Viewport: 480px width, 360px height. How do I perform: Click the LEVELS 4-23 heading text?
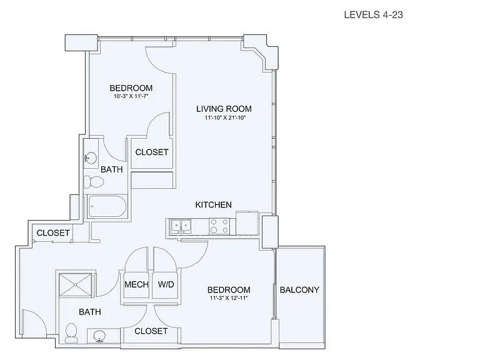[x=373, y=15]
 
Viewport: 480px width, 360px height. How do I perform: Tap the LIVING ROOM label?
[x=224, y=109]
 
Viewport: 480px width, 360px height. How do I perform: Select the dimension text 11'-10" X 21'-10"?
[x=225, y=117]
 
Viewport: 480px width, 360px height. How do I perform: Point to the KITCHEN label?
[x=213, y=205]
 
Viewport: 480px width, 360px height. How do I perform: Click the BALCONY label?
[x=299, y=290]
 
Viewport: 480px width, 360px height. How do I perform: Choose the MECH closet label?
[x=136, y=284]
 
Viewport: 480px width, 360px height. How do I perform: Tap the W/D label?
[x=166, y=284]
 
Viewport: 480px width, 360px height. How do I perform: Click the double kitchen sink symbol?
[x=181, y=226]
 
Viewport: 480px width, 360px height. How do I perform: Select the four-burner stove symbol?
[x=219, y=226]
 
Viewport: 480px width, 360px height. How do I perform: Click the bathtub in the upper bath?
[x=107, y=206]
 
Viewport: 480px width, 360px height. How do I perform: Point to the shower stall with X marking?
[x=76, y=285]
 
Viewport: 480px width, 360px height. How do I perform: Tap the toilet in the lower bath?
[x=71, y=333]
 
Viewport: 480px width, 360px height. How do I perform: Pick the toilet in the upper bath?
[x=94, y=182]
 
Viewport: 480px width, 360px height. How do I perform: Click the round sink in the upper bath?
[x=91, y=158]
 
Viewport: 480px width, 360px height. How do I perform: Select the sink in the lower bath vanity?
[x=99, y=336]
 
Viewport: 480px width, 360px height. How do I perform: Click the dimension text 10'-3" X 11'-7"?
[x=131, y=96]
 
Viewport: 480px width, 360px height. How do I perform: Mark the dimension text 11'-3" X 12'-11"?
[x=229, y=298]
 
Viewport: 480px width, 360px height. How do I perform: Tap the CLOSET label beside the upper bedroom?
[x=152, y=152]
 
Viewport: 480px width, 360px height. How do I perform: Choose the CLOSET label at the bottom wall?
[x=151, y=331]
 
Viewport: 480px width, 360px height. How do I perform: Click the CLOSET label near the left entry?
[x=53, y=233]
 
